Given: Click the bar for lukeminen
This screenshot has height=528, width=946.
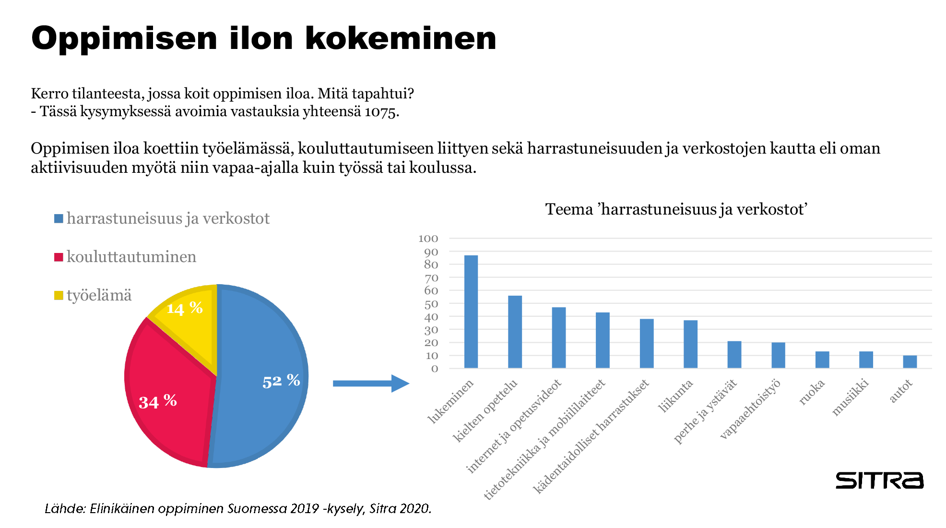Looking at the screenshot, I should (x=471, y=312).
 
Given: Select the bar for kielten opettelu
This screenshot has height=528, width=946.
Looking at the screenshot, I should (x=515, y=332).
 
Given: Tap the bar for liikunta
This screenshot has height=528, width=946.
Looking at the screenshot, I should (x=690, y=344).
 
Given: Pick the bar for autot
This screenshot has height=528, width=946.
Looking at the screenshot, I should (x=910, y=362).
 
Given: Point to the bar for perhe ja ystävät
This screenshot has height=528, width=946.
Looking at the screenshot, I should (x=734, y=355).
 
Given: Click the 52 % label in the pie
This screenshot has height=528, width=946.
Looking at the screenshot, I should (x=281, y=381).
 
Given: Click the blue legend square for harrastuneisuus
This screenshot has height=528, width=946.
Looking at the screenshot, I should (x=59, y=219).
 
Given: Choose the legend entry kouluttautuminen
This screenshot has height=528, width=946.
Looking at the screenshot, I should (x=131, y=257).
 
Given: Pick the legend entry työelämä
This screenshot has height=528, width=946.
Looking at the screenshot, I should (x=99, y=295).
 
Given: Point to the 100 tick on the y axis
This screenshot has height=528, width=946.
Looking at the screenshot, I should (x=428, y=239).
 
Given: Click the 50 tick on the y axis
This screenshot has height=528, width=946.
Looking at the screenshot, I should (x=431, y=304).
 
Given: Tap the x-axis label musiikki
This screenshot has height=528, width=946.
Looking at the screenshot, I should (x=850, y=397).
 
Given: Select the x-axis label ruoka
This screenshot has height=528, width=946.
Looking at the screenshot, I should (x=812, y=392).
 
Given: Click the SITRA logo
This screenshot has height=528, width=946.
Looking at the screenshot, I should (x=879, y=480).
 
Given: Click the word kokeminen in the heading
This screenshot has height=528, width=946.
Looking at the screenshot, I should (x=401, y=38).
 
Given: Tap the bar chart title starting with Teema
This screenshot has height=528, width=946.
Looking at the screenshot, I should (x=676, y=209).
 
